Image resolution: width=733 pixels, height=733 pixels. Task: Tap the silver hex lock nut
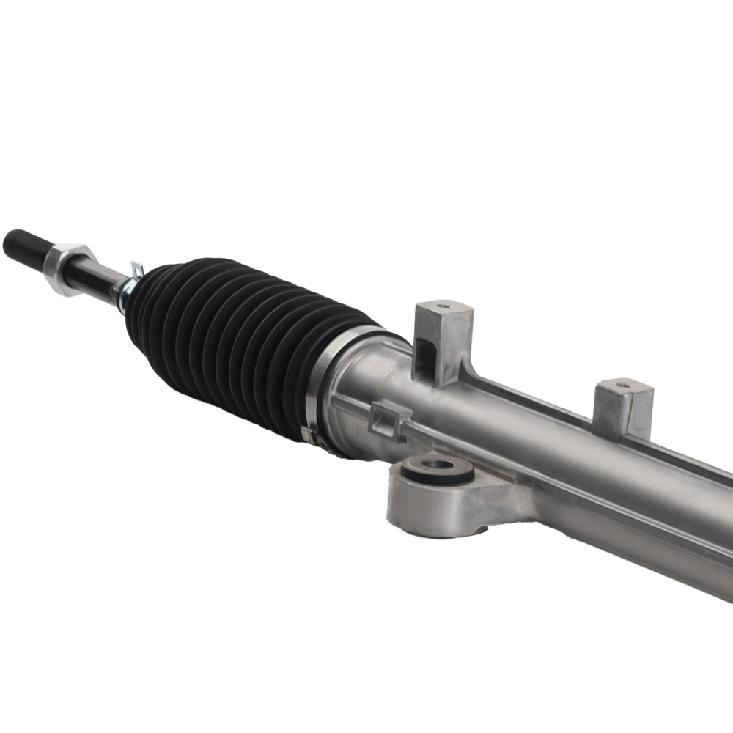[67, 268]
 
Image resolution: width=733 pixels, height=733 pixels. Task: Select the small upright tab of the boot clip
[136, 269]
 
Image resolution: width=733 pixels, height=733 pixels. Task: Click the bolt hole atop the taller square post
[443, 305]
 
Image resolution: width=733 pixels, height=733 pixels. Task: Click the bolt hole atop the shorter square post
[623, 383]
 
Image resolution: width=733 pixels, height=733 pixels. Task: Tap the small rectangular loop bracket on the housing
[388, 421]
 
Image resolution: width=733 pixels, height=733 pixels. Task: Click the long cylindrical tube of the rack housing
[572, 469]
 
